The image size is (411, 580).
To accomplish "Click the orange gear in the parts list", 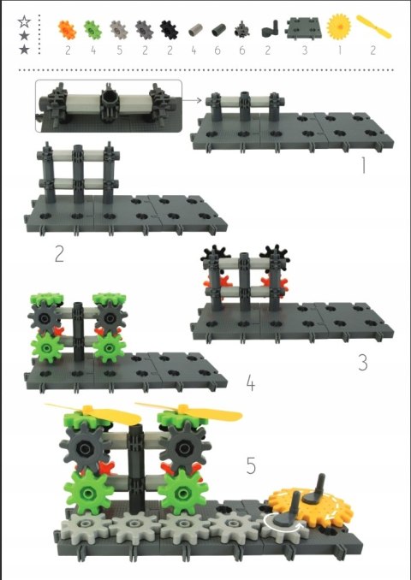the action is [67, 30].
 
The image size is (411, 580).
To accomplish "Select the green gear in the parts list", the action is [92, 30].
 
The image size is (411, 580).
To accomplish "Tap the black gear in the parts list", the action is [169, 30].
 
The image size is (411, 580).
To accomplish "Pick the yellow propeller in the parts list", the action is [373, 27].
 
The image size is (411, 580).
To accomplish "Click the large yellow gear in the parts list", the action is [339, 27].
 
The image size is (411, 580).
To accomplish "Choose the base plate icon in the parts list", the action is [303, 27].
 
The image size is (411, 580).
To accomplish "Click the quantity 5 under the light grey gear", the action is [119, 50].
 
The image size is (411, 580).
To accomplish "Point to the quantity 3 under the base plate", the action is [304, 50].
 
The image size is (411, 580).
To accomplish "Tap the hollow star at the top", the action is [24, 22].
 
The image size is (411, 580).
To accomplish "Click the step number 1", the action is [364, 165].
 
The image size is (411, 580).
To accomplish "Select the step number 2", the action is [59, 254].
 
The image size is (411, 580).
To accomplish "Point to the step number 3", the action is [363, 362].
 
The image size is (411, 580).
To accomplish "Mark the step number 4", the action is [251, 383].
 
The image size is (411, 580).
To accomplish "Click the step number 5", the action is [251, 465].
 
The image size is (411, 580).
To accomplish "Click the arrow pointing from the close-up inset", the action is [192, 100].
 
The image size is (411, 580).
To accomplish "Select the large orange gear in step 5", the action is [310, 505].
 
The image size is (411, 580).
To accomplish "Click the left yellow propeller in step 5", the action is [92, 413].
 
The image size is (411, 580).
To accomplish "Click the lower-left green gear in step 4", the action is [47, 347].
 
